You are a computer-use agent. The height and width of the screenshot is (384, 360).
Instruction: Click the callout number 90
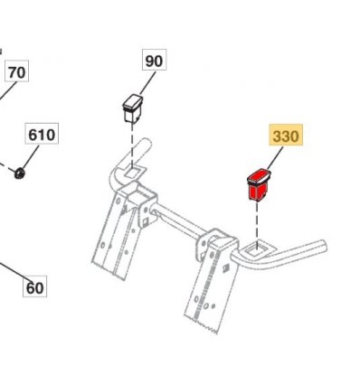[154, 61]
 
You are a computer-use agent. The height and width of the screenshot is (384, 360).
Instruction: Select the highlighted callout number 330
[286, 136]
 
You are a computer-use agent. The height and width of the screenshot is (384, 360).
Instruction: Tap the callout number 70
[17, 72]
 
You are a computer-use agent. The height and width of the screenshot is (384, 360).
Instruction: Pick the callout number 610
[42, 135]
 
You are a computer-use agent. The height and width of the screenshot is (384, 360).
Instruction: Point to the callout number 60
[34, 287]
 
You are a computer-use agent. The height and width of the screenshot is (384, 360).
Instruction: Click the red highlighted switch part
[259, 184]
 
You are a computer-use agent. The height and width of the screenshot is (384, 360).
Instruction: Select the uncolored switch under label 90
[132, 108]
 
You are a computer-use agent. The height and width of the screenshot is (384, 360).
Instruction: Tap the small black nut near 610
[20, 173]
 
